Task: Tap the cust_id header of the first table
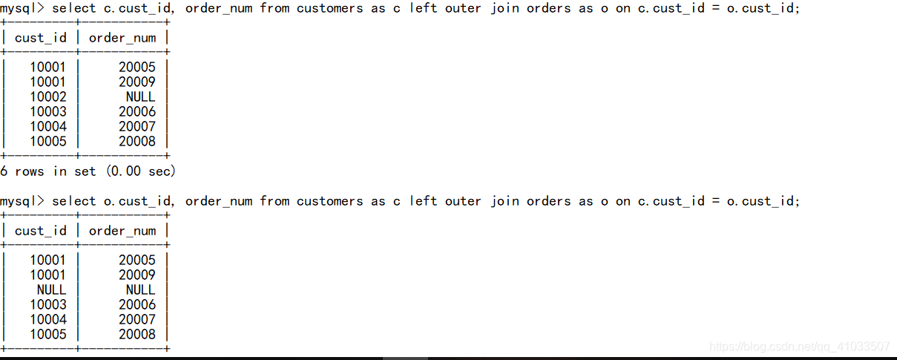pyautogui.click(x=41, y=38)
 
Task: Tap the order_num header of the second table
pyautogui.click(x=122, y=231)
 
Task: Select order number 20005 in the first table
pyautogui.click(x=137, y=67)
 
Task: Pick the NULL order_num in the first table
pyautogui.click(x=140, y=96)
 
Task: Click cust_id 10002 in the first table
pyautogui.click(x=48, y=96)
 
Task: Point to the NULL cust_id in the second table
pyautogui.click(x=51, y=289)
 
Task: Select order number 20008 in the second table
pyautogui.click(x=137, y=334)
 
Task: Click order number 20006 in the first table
pyautogui.click(x=137, y=111)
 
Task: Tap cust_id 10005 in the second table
pyautogui.click(x=48, y=334)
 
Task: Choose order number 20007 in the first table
pyautogui.click(x=137, y=126)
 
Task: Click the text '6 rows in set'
pyautogui.click(x=48, y=171)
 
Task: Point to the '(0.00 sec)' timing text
pyautogui.click(x=141, y=171)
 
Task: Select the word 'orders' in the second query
pyautogui.click(x=549, y=201)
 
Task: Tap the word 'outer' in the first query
pyautogui.click(x=464, y=8)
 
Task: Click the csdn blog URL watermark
pyautogui.click(x=800, y=347)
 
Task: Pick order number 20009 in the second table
pyautogui.click(x=137, y=275)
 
